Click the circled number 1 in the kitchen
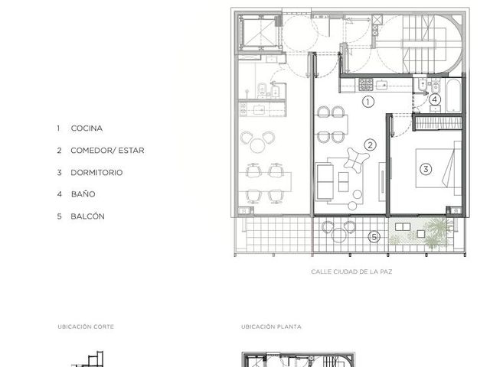click(368, 102)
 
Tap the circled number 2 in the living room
click(371, 145)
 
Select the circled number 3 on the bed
click(426, 169)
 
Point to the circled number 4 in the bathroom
click(434, 99)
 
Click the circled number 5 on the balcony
click(374, 237)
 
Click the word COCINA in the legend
click(87, 128)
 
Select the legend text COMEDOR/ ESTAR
click(107, 151)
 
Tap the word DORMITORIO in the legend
click(96, 173)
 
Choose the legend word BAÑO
click(83, 193)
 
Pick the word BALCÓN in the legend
click(87, 216)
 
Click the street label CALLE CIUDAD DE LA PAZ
click(351, 271)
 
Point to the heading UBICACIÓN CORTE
click(86, 326)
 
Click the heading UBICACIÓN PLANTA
click(271, 326)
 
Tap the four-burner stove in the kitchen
click(366, 85)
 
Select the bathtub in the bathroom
click(453, 96)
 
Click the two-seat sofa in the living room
click(325, 182)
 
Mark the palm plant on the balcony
click(439, 232)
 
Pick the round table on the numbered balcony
click(338, 235)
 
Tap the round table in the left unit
click(258, 145)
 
